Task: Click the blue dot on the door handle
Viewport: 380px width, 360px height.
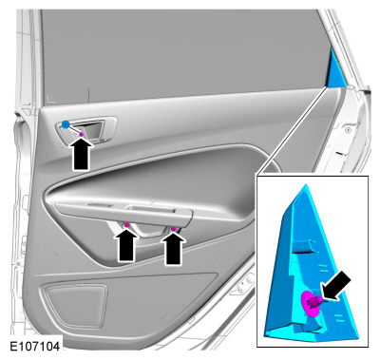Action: click(x=66, y=124)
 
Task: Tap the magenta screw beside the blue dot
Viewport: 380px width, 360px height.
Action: click(x=82, y=134)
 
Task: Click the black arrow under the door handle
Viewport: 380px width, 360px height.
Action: click(x=81, y=154)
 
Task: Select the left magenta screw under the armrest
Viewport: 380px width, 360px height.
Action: click(x=127, y=225)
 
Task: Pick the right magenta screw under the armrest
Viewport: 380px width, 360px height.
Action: click(x=173, y=229)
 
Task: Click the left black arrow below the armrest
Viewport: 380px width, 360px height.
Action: click(x=126, y=245)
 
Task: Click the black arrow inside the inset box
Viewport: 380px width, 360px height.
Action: click(x=335, y=287)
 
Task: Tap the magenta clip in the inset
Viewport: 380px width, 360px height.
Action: click(x=311, y=303)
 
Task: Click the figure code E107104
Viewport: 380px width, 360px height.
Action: click(x=35, y=347)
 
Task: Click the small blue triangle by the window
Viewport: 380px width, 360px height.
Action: click(x=335, y=68)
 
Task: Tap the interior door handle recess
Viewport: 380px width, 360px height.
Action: click(x=86, y=129)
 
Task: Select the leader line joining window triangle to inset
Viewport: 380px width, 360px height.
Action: click(x=293, y=130)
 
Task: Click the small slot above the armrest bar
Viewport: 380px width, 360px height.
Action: click(x=99, y=205)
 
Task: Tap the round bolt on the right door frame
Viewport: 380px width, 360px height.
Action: click(x=348, y=129)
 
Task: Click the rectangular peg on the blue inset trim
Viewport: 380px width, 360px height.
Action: click(x=304, y=246)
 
